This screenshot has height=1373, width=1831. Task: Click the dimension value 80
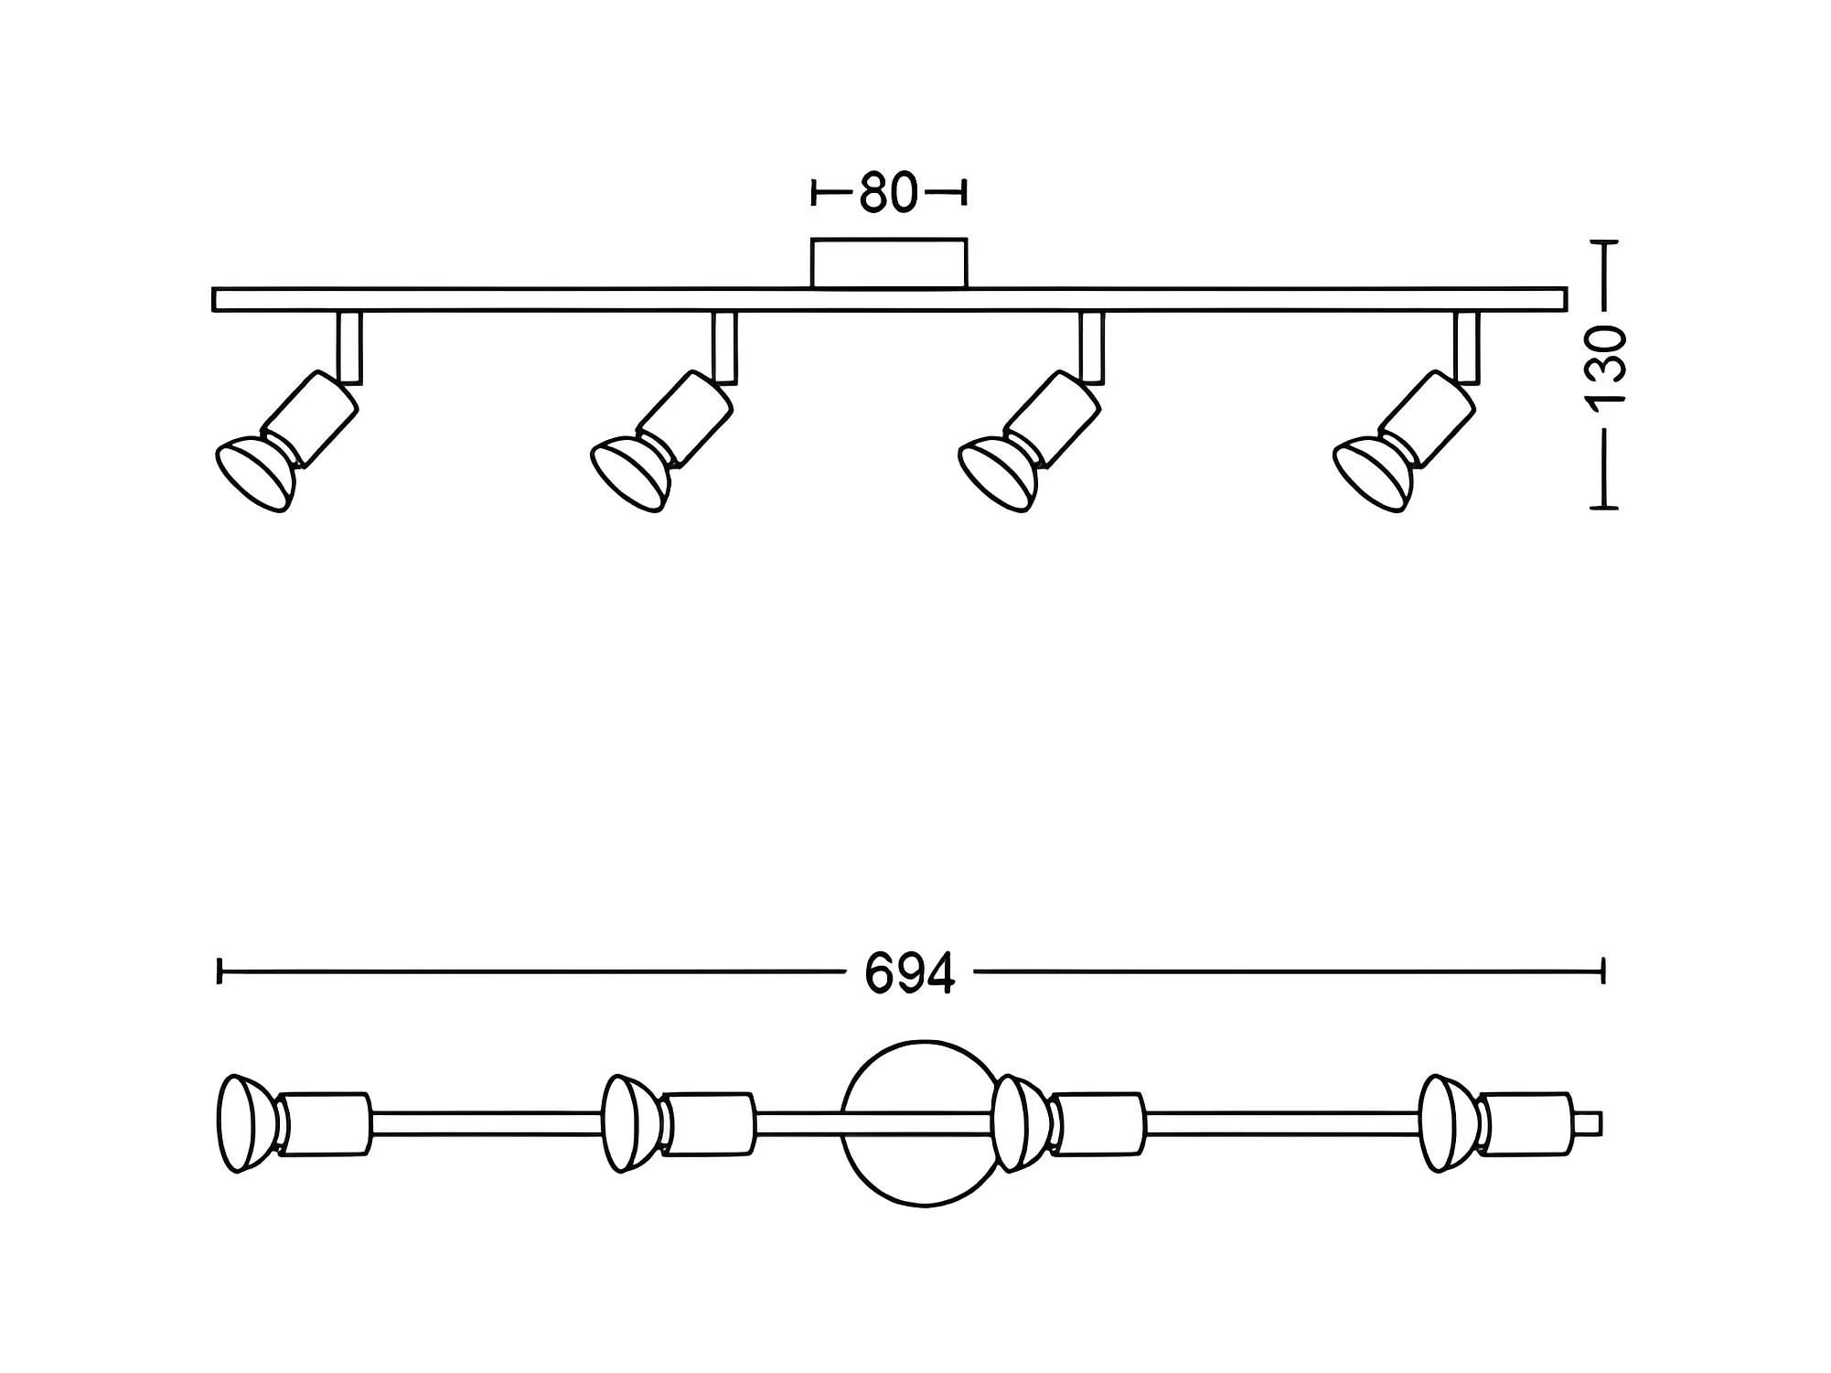click(x=888, y=193)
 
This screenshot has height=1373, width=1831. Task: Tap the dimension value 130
click(x=1606, y=366)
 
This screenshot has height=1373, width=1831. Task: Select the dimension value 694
click(x=910, y=973)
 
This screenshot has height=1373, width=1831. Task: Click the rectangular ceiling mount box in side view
click(x=888, y=263)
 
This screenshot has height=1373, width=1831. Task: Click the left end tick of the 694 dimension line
click(x=220, y=971)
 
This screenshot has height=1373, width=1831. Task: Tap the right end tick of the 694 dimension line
click(x=1602, y=971)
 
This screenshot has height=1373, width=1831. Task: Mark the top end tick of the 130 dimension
click(x=1604, y=241)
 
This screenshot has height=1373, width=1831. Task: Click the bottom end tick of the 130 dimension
click(x=1604, y=507)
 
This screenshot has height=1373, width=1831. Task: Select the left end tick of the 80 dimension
click(x=813, y=193)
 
